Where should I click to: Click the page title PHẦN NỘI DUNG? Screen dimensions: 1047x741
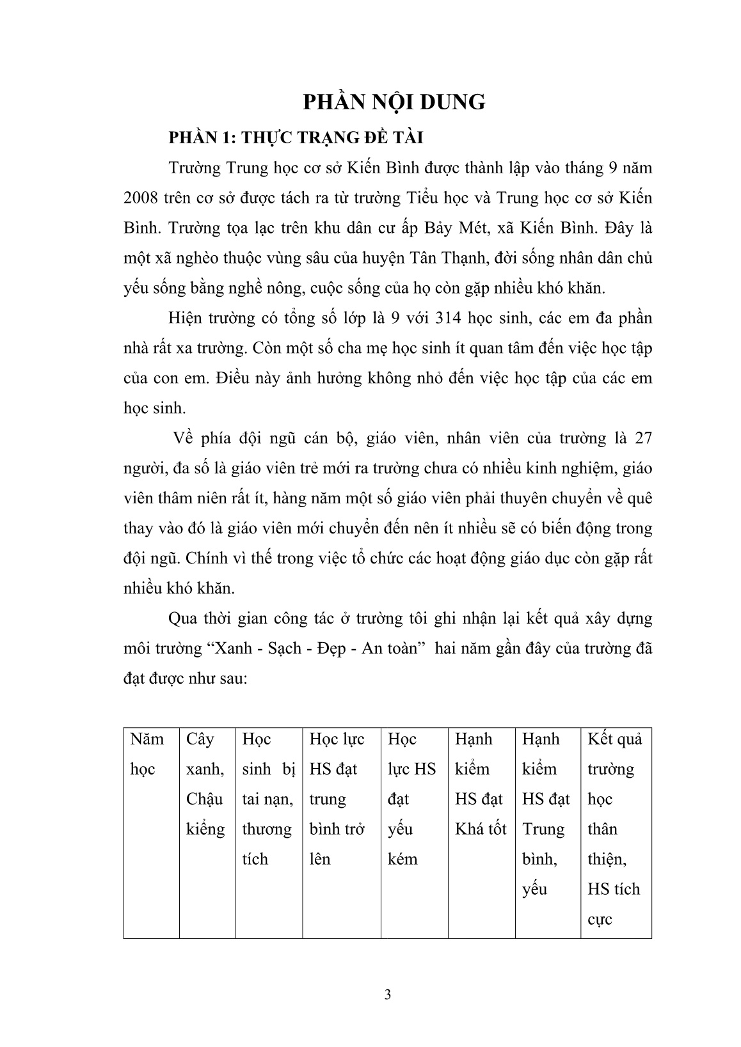394,102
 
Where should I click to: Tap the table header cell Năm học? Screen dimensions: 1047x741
147,754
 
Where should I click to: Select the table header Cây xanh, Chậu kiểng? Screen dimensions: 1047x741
206,784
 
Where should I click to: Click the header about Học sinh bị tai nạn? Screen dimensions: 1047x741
268,799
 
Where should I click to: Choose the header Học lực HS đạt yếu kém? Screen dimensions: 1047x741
411,799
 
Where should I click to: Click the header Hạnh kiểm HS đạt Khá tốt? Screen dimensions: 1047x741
480,784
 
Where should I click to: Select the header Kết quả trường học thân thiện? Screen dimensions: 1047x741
614,829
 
